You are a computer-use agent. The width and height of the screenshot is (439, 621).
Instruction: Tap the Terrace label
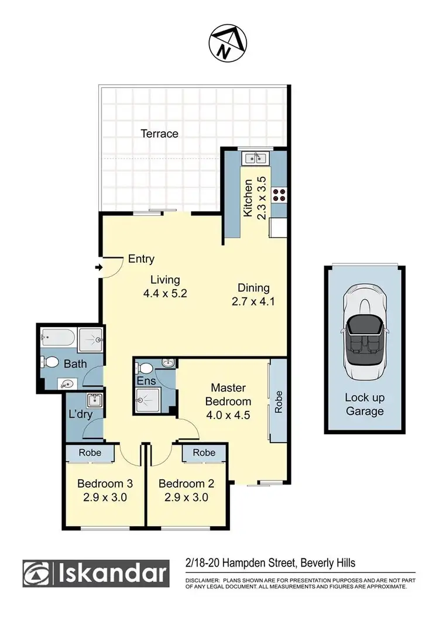159,133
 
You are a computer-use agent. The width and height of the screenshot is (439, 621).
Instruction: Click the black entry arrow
98,268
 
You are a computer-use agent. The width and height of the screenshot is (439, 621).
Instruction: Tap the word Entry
141,259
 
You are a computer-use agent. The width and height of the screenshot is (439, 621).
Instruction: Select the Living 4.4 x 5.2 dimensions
165,287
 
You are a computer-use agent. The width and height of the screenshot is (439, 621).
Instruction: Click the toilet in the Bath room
51,363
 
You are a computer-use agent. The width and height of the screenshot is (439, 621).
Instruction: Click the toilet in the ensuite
143,369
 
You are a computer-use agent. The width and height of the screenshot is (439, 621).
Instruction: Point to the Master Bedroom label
231,394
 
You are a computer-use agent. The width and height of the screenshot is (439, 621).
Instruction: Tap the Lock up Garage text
364,404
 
